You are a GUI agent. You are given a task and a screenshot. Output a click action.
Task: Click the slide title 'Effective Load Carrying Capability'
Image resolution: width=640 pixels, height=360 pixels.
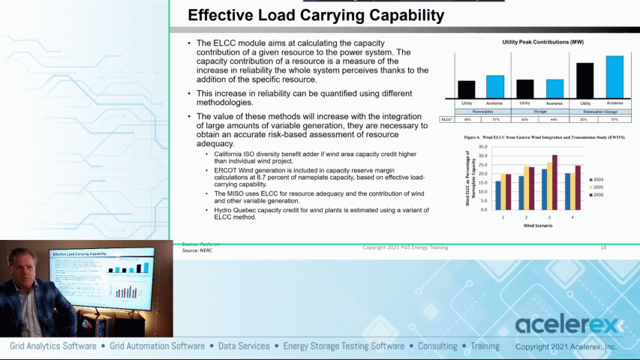click(x=315, y=15)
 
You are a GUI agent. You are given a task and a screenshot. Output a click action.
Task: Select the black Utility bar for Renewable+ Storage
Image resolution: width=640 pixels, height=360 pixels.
click(x=585, y=79)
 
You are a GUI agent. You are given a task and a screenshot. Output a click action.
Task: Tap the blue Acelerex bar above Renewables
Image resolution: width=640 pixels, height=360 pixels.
click(x=494, y=86)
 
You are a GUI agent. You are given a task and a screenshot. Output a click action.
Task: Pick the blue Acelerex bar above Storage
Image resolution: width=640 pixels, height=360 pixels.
click(x=554, y=88)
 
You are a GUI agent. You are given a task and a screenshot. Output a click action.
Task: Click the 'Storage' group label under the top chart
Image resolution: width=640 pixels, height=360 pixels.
click(x=540, y=111)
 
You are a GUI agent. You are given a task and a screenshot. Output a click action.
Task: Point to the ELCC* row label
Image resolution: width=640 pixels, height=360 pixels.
click(x=446, y=119)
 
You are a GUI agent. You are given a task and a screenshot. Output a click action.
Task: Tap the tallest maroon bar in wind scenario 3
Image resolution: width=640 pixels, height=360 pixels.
click(x=554, y=182)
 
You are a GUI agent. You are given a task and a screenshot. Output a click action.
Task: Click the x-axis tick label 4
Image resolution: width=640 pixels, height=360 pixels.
click(x=572, y=216)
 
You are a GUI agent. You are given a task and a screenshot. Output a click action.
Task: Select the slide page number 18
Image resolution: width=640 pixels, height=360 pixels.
click(x=603, y=247)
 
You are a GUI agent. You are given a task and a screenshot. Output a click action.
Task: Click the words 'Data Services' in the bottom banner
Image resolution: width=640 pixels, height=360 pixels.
click(x=244, y=346)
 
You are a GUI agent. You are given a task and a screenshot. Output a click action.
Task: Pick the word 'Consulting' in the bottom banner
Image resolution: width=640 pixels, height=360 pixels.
click(x=437, y=346)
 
